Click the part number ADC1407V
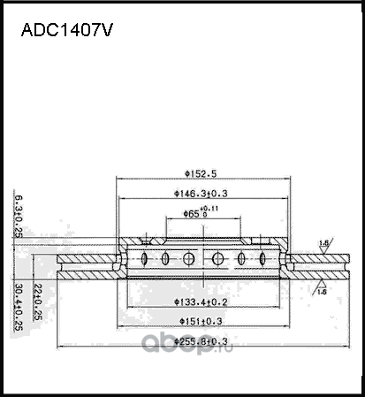tap(66, 30)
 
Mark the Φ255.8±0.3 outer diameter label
tap(202, 340)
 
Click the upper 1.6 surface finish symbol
tap(324, 244)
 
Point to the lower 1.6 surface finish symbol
tap(321, 288)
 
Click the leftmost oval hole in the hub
tap(146, 259)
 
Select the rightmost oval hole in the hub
tap(262, 259)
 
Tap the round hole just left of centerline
tap(188, 259)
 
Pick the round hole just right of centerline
tap(218, 259)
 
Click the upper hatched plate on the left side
tap(88, 259)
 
